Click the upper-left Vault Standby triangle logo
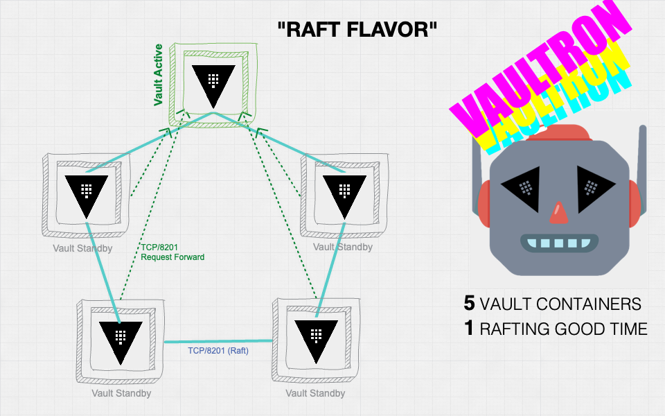(86, 193)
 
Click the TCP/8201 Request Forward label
(172, 252)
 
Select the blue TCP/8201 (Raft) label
(218, 351)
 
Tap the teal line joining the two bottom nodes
(218, 341)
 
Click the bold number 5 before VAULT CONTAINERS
(470, 304)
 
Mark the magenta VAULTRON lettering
(540, 69)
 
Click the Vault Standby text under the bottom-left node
(121, 393)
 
